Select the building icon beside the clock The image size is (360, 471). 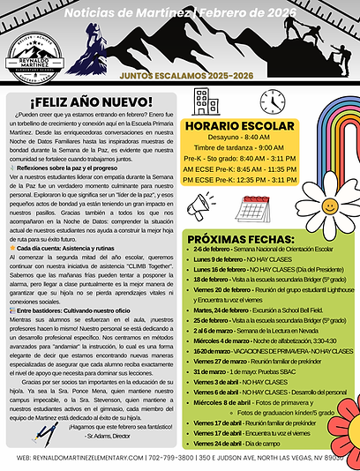pos(207,102)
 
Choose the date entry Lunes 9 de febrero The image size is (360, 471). pos(233,260)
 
